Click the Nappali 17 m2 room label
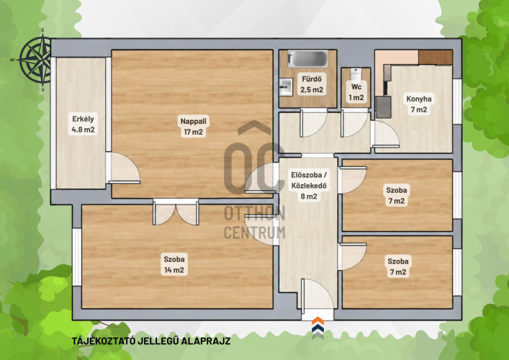click(x=193, y=126)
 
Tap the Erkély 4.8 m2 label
click(x=83, y=124)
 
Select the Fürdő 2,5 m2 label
click(x=312, y=84)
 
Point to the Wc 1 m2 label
click(x=356, y=92)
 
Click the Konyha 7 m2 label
click(x=419, y=104)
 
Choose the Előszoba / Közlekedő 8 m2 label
click(x=309, y=186)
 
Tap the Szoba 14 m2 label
click(x=174, y=264)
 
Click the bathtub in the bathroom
click(x=307, y=59)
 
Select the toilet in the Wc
click(x=356, y=74)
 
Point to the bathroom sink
click(x=286, y=87)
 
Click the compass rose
click(x=36, y=60)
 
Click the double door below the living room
click(x=176, y=212)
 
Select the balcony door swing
click(x=124, y=168)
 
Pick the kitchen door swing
click(x=386, y=135)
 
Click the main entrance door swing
click(x=317, y=296)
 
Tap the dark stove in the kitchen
click(x=383, y=107)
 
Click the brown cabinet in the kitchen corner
click(x=436, y=58)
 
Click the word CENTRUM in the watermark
click(x=255, y=233)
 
